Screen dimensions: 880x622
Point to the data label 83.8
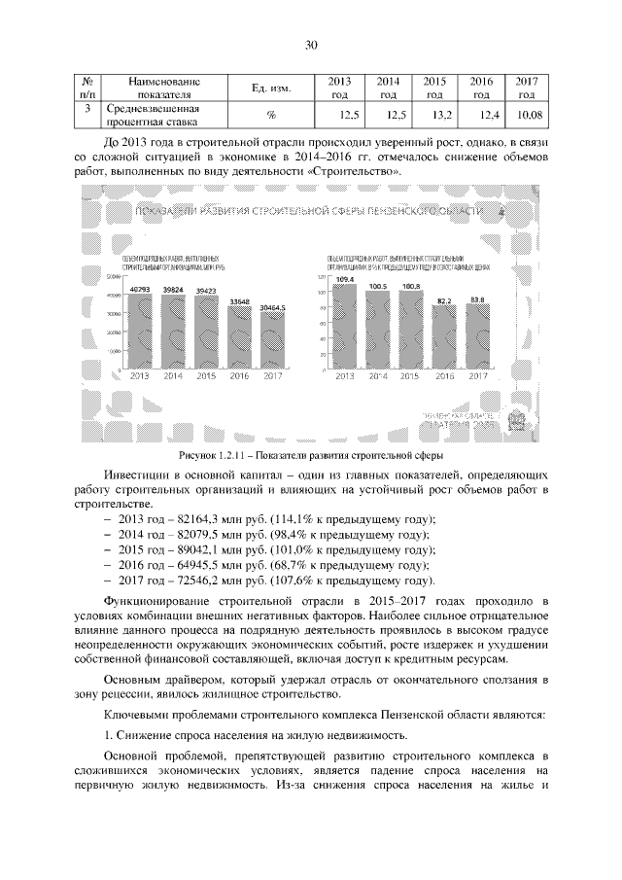pyautogui.click(x=477, y=299)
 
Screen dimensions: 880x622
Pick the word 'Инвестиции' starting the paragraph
pyautogui.click(x=136, y=475)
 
